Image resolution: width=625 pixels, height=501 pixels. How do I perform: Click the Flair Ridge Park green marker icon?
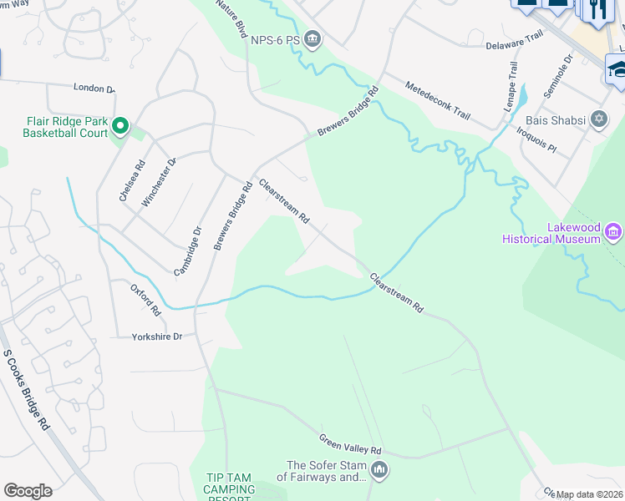point(119,126)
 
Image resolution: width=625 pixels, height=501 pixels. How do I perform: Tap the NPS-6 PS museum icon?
point(312,38)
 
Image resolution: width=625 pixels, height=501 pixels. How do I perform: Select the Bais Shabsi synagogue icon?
point(598,119)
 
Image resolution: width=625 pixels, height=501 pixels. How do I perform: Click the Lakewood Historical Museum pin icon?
point(614,230)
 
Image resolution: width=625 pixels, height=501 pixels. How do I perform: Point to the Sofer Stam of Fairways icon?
point(379,471)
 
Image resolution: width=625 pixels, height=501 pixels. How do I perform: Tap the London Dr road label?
point(94,88)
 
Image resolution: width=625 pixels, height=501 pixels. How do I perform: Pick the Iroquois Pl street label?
point(536,139)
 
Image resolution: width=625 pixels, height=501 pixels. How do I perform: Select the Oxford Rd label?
point(145,299)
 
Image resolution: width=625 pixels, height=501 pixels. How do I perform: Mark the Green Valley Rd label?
point(350,443)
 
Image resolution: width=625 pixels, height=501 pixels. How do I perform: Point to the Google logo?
point(28,491)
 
